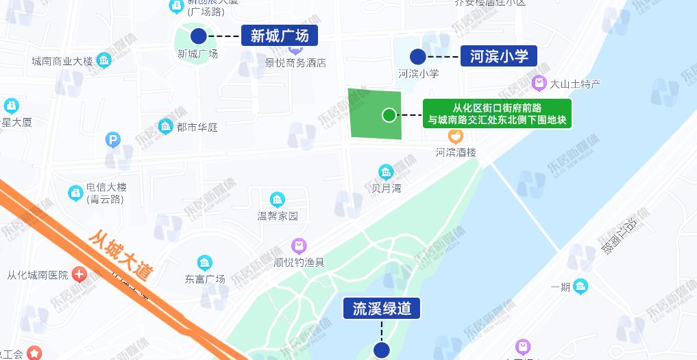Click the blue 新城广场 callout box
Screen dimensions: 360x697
click(280, 36)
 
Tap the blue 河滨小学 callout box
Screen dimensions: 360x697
click(499, 56)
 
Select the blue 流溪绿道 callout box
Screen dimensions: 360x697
click(382, 309)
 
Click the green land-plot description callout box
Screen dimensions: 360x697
click(497, 114)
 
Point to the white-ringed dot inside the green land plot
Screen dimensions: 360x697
click(389, 115)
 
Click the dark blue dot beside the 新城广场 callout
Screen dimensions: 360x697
click(199, 36)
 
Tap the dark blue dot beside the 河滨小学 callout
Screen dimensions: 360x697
click(417, 56)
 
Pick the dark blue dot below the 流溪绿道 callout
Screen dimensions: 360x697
click(382, 350)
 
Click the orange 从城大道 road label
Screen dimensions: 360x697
click(121, 255)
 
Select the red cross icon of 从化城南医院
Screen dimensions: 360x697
click(80, 275)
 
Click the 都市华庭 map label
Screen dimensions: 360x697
click(197, 127)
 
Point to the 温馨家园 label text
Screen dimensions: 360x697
click(278, 216)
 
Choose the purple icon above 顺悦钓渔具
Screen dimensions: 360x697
click(299, 245)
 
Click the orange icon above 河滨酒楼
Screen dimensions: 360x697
click(456, 136)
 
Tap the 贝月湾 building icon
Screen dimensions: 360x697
click(387, 171)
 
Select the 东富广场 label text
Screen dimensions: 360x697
click(205, 279)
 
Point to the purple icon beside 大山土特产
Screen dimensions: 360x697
click(539, 84)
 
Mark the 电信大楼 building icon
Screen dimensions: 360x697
click(75, 193)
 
